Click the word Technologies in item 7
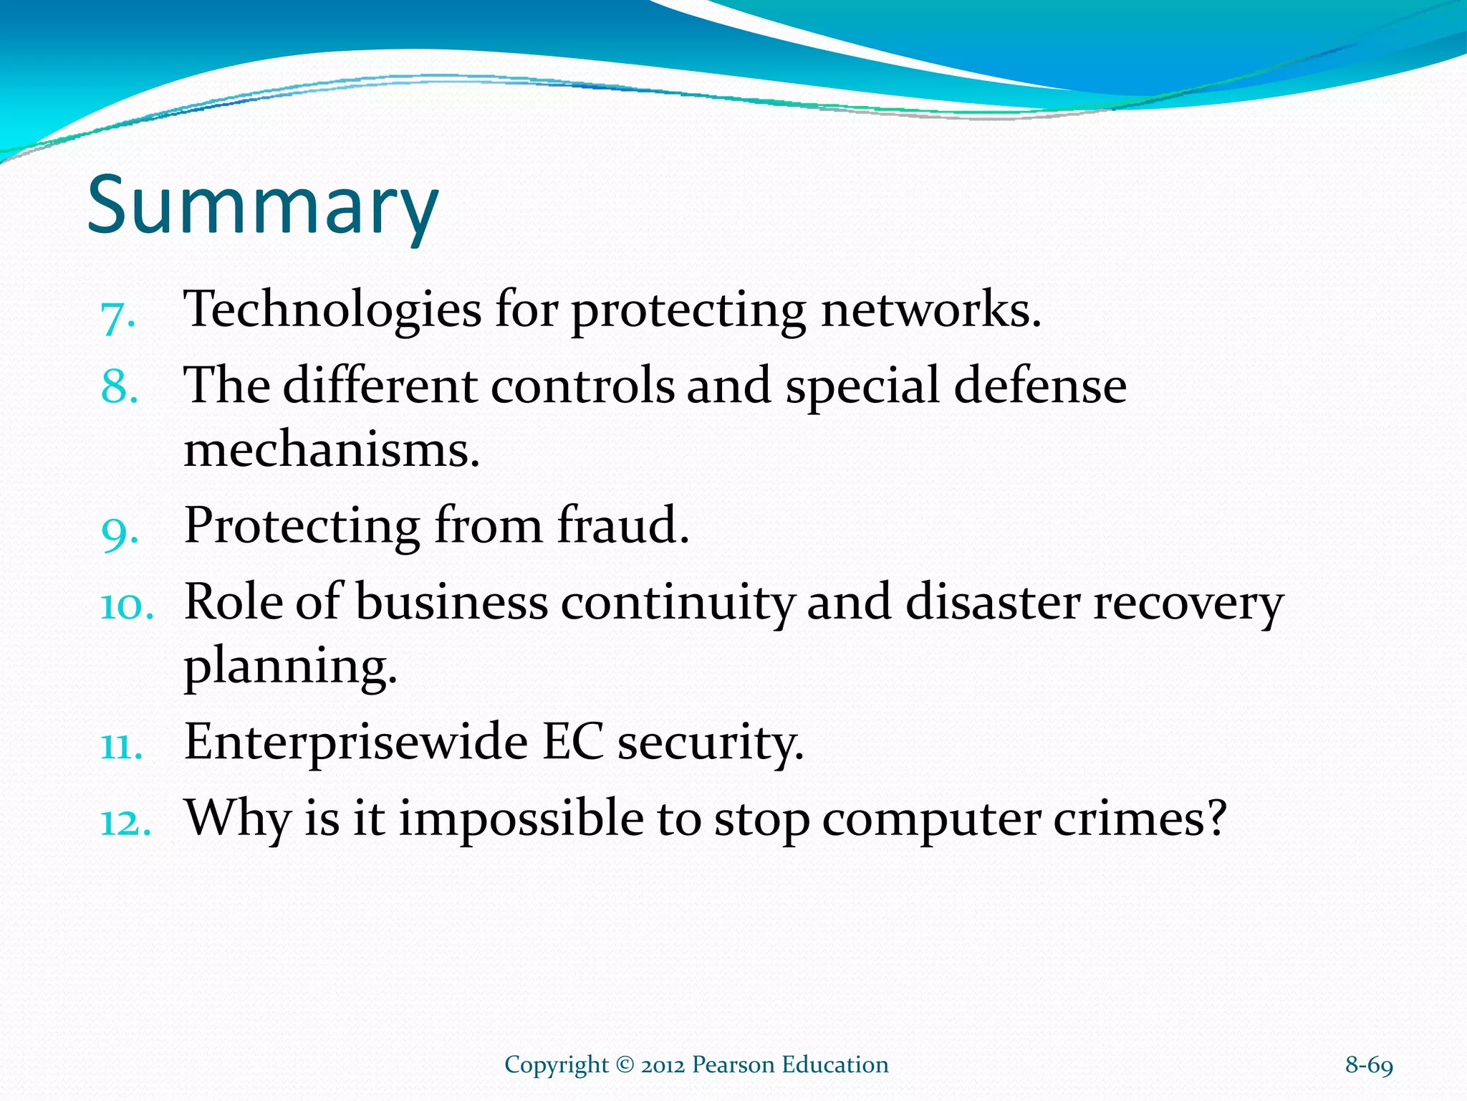(x=332, y=310)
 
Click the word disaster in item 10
(x=992, y=602)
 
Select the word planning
(x=290, y=667)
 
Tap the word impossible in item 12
(x=521, y=818)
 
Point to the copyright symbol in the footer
(x=625, y=1065)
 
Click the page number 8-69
(x=1369, y=1065)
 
